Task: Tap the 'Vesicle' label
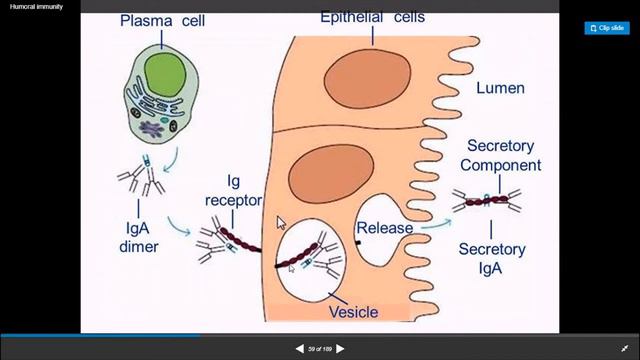point(353,312)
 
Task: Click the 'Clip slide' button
point(606,28)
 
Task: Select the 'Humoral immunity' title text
point(31,6)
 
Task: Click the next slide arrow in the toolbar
point(340,348)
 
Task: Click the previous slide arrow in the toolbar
point(299,348)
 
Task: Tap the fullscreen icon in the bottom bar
point(623,348)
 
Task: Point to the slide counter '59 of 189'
point(320,348)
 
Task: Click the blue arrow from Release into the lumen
point(432,224)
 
